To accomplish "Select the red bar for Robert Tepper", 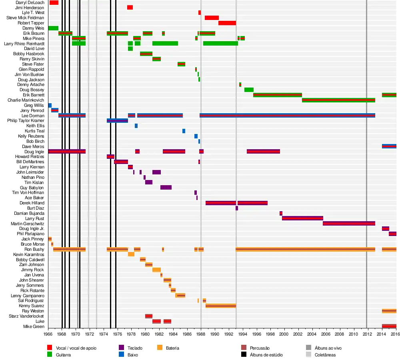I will [x=227, y=23].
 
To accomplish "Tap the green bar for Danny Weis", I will [x=53, y=28].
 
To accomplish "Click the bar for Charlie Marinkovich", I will [x=338, y=100].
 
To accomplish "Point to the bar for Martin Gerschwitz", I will [x=349, y=223].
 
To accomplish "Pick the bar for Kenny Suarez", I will [x=220, y=306].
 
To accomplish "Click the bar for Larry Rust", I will [x=302, y=218].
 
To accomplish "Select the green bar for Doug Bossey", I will [x=249, y=90].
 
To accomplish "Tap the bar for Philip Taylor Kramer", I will [x=117, y=120].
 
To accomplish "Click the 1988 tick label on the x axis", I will [x=201, y=334].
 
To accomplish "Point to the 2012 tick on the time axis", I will [x=366, y=334].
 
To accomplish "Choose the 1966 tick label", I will [x=48, y=334].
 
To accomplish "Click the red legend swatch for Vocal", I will [x=50, y=348].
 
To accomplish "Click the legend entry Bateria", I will [x=172, y=348].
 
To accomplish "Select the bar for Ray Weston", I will [x=389, y=311].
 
